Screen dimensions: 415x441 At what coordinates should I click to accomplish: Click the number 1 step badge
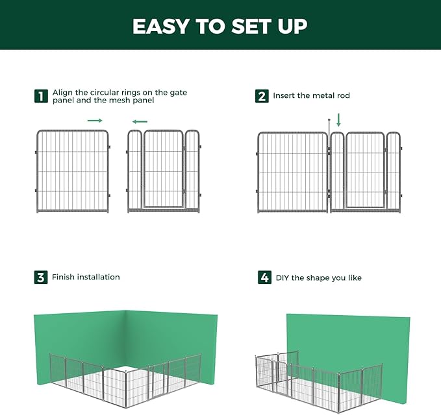pos(41,97)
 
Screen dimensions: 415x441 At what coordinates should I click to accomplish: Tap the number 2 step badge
pos(262,96)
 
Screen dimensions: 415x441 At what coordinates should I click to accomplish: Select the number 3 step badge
pos(41,278)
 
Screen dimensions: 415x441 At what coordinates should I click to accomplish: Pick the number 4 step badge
pos(264,278)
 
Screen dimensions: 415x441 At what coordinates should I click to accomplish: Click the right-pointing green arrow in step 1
pos(95,121)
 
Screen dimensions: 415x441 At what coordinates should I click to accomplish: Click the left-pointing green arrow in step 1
pos(140,121)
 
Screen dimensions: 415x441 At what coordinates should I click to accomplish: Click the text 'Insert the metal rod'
pos(311,96)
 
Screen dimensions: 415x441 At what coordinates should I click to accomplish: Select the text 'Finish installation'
pos(86,277)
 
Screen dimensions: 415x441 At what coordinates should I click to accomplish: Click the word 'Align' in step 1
pos(63,93)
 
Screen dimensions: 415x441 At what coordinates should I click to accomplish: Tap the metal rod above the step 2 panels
pos(330,124)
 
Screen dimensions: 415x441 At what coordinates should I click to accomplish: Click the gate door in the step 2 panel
pos(365,170)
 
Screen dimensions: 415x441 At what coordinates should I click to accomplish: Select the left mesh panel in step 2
pos(292,172)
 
